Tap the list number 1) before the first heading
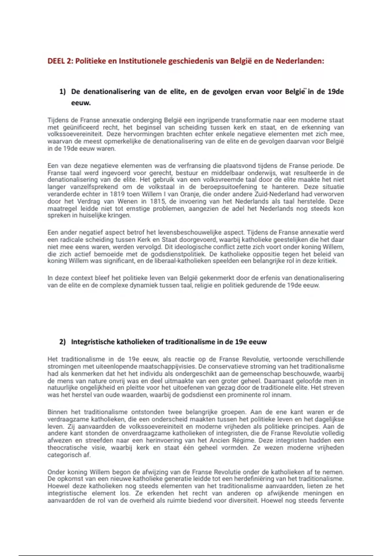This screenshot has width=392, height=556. click(x=62, y=92)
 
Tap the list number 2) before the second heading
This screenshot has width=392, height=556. click(x=62, y=342)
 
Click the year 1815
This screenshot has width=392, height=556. click(x=157, y=201)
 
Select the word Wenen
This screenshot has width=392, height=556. click(x=127, y=201)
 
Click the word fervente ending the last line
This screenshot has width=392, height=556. click(x=331, y=500)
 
